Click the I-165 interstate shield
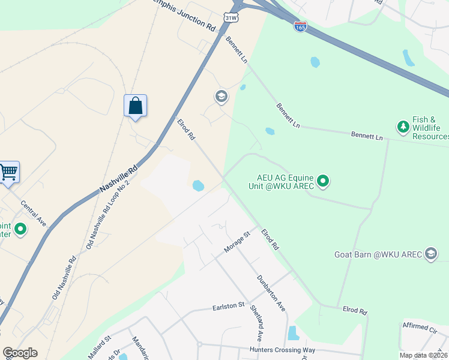point(301,26)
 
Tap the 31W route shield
point(231,18)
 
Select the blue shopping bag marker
point(136,106)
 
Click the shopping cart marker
point(8,172)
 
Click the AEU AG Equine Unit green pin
point(323,181)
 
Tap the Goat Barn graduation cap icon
point(430,254)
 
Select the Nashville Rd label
point(119,178)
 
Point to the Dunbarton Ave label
point(270,293)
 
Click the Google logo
point(20,353)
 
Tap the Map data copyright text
point(423,355)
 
